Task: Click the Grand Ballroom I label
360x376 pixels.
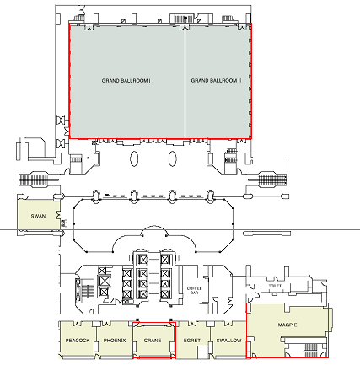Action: [x=126, y=81]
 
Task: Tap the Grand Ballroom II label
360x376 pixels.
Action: [x=216, y=81]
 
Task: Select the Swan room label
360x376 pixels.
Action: [x=38, y=216]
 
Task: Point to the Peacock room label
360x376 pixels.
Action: [x=78, y=341]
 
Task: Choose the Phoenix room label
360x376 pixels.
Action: [x=115, y=341]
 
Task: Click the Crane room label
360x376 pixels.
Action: [x=153, y=341]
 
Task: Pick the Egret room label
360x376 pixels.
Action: [x=192, y=341]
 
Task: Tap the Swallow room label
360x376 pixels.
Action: [x=228, y=341]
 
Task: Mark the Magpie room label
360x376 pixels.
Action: [x=287, y=325]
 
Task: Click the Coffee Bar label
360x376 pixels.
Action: [x=195, y=290]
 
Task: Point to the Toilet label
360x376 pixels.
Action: [x=275, y=286]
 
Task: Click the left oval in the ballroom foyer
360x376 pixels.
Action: [x=134, y=158]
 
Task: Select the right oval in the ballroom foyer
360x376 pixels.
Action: [x=173, y=158]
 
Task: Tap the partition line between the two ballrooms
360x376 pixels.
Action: [x=185, y=82]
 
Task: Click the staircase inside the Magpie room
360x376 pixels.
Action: [x=310, y=350]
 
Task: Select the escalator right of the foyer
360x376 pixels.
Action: [x=272, y=180]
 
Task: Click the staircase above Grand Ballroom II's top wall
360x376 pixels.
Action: [x=184, y=19]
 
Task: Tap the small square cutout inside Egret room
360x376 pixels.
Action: [x=201, y=352]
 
